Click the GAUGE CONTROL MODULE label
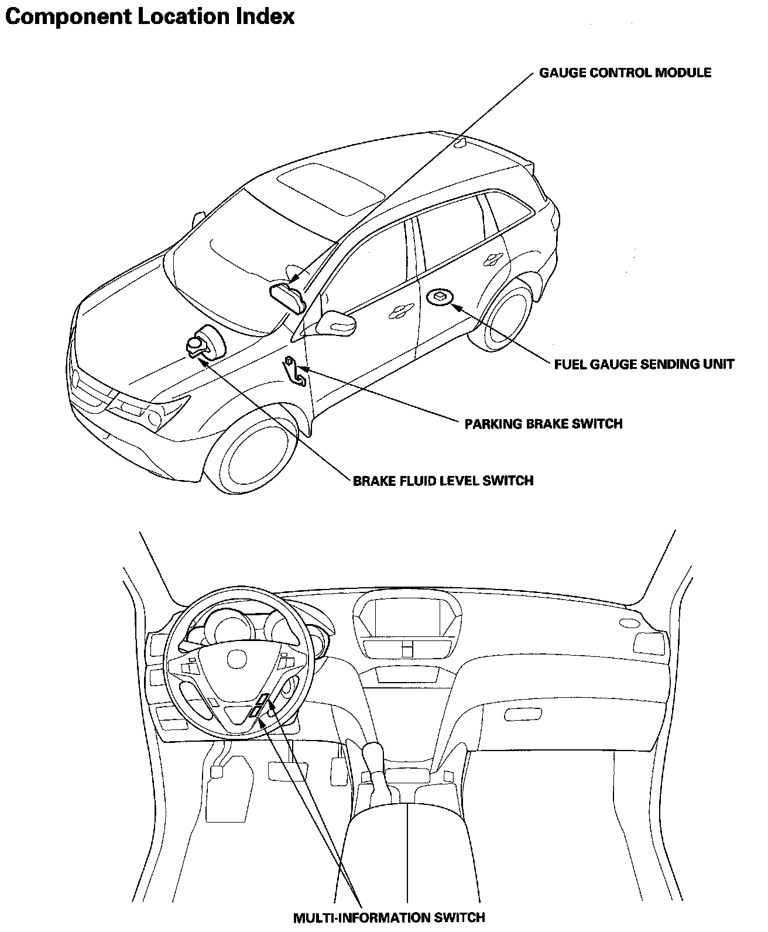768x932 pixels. (x=625, y=73)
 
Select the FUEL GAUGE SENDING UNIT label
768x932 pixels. (x=644, y=364)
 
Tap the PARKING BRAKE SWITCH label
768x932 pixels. (x=543, y=423)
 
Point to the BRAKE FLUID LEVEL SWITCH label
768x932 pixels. (x=443, y=481)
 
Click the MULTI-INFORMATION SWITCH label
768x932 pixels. (x=389, y=917)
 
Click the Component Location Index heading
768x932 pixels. (x=149, y=16)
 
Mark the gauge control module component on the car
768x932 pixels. (x=287, y=296)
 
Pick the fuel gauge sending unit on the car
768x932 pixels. (x=440, y=297)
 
